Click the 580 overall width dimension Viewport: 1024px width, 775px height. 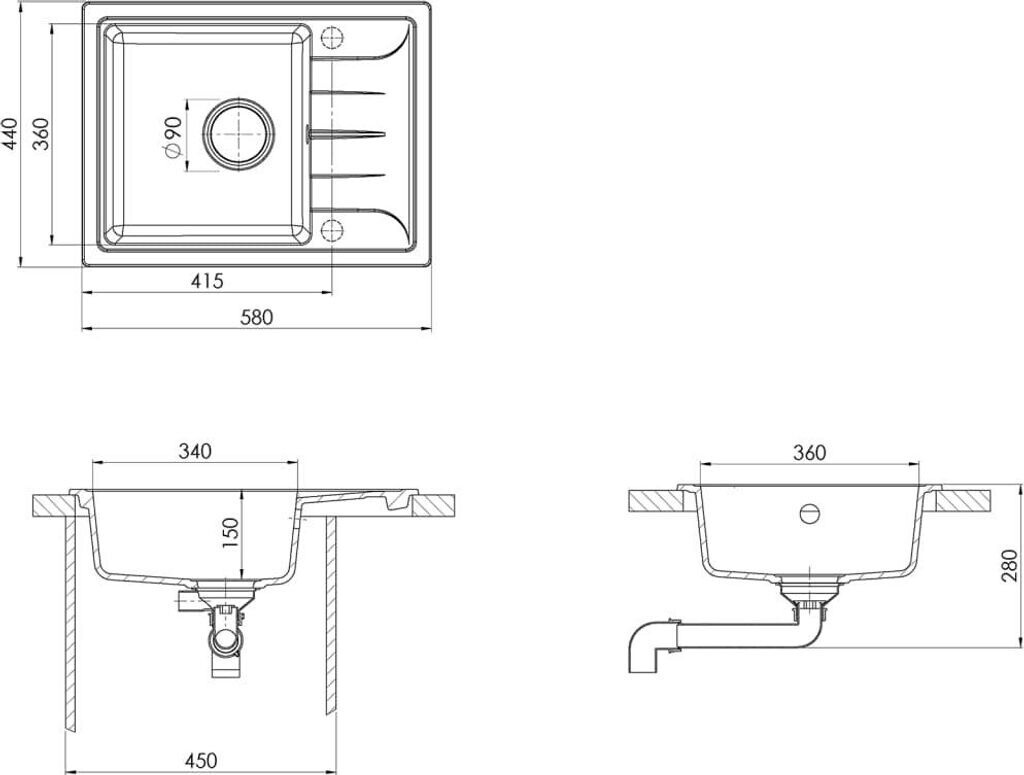click(x=257, y=317)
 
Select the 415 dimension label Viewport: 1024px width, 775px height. click(x=207, y=281)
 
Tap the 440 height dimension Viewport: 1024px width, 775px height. click(x=10, y=134)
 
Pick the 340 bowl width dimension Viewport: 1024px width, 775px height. click(x=195, y=451)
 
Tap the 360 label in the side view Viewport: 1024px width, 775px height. click(x=809, y=452)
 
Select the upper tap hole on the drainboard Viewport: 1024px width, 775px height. click(x=332, y=38)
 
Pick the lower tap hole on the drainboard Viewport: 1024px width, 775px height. click(x=332, y=230)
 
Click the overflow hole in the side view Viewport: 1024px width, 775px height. click(x=809, y=514)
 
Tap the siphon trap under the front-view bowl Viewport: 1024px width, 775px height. click(x=226, y=636)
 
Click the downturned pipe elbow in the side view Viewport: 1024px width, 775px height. click(x=645, y=647)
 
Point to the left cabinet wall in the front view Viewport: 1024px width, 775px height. click(x=71, y=620)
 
